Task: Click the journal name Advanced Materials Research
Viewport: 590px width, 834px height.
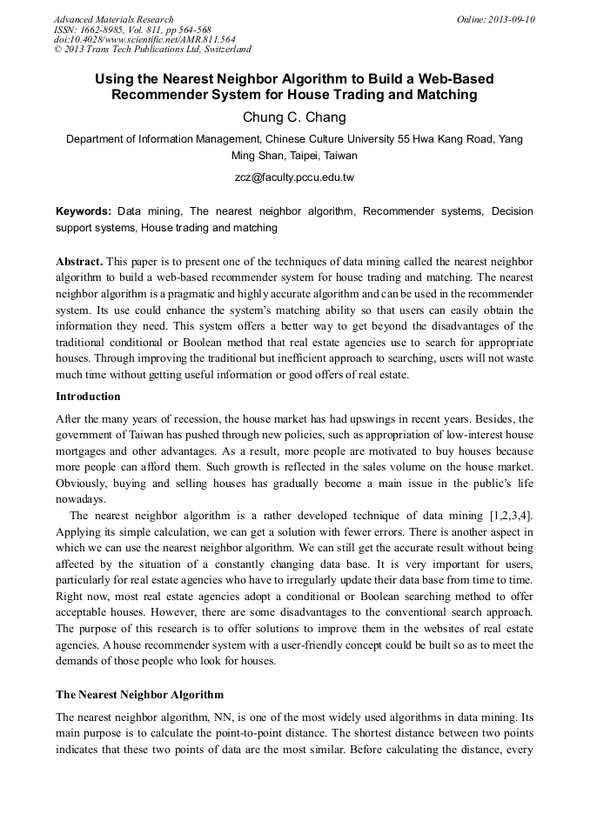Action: coord(113,19)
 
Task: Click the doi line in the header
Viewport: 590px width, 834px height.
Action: coord(144,40)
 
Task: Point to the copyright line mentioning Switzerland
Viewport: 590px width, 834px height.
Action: coord(152,50)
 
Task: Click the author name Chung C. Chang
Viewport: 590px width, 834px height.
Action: coord(294,117)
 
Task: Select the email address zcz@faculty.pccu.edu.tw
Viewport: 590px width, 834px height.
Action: coord(294,177)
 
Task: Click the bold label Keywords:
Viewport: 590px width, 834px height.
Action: coord(84,211)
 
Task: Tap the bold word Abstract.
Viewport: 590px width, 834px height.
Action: coord(80,262)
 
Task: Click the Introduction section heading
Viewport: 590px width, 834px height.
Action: coord(88,397)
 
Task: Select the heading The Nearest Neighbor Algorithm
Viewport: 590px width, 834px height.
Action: coord(139,695)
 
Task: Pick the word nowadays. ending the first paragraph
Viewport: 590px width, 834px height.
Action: coord(84,498)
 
